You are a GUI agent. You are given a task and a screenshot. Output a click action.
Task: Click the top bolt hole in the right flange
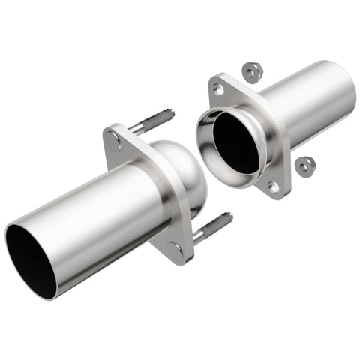(218, 88)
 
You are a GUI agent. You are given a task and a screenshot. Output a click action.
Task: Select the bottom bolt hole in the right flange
(274, 187)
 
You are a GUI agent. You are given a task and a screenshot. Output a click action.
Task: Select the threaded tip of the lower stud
(226, 218)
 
